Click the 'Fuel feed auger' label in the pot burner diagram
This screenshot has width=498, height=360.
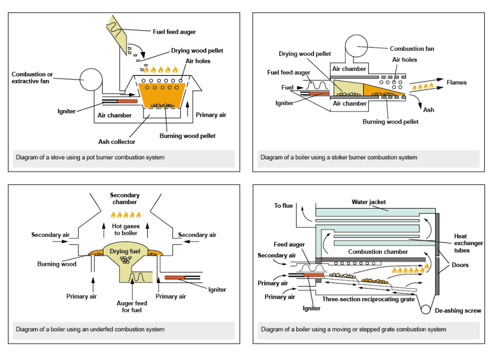click(x=174, y=32)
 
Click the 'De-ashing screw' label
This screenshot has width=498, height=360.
click(x=457, y=311)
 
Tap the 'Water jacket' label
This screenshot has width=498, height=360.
click(x=368, y=202)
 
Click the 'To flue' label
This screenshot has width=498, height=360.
click(x=283, y=206)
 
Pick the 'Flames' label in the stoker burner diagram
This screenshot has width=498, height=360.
click(x=456, y=82)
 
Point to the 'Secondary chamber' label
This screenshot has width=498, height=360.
click(x=125, y=199)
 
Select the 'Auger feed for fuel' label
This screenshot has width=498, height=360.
click(x=132, y=307)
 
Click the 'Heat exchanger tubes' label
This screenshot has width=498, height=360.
click(x=468, y=243)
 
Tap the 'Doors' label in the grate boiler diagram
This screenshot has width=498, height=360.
click(x=459, y=265)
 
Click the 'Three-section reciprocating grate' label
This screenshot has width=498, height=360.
click(x=368, y=299)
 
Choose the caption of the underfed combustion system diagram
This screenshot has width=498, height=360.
click(x=90, y=330)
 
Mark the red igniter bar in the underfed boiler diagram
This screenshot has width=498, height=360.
click(x=176, y=277)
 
